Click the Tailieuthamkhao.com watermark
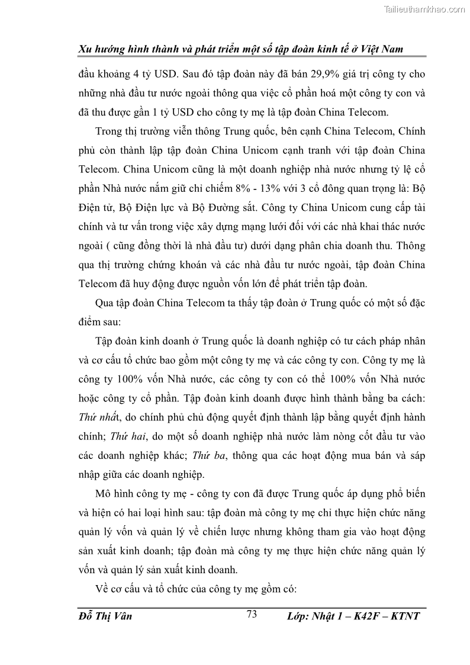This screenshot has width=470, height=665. pos(425,9)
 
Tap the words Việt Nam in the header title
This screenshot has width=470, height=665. pos(380,49)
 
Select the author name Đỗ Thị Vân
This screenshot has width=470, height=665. pos(105,616)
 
